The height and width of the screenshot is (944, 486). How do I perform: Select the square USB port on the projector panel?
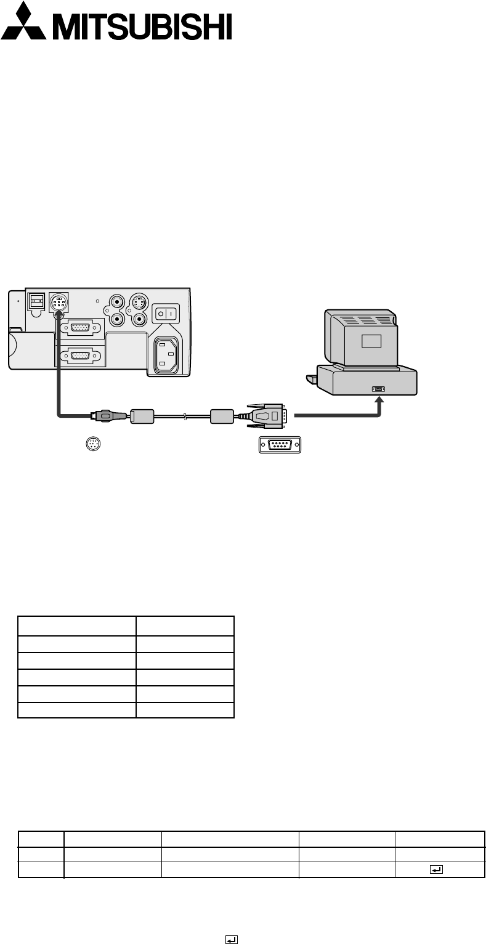tap(37, 301)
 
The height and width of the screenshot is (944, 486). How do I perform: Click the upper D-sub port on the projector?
tap(79, 327)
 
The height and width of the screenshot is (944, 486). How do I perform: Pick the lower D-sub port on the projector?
tap(79, 356)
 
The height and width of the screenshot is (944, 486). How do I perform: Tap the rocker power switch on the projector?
tap(164, 313)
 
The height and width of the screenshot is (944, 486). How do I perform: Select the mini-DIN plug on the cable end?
tap(103, 416)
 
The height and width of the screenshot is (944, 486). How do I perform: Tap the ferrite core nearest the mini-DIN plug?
tap(144, 416)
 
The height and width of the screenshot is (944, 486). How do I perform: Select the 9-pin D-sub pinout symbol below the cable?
tap(279, 445)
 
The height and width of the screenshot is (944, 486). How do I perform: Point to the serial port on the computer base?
tap(378, 389)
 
